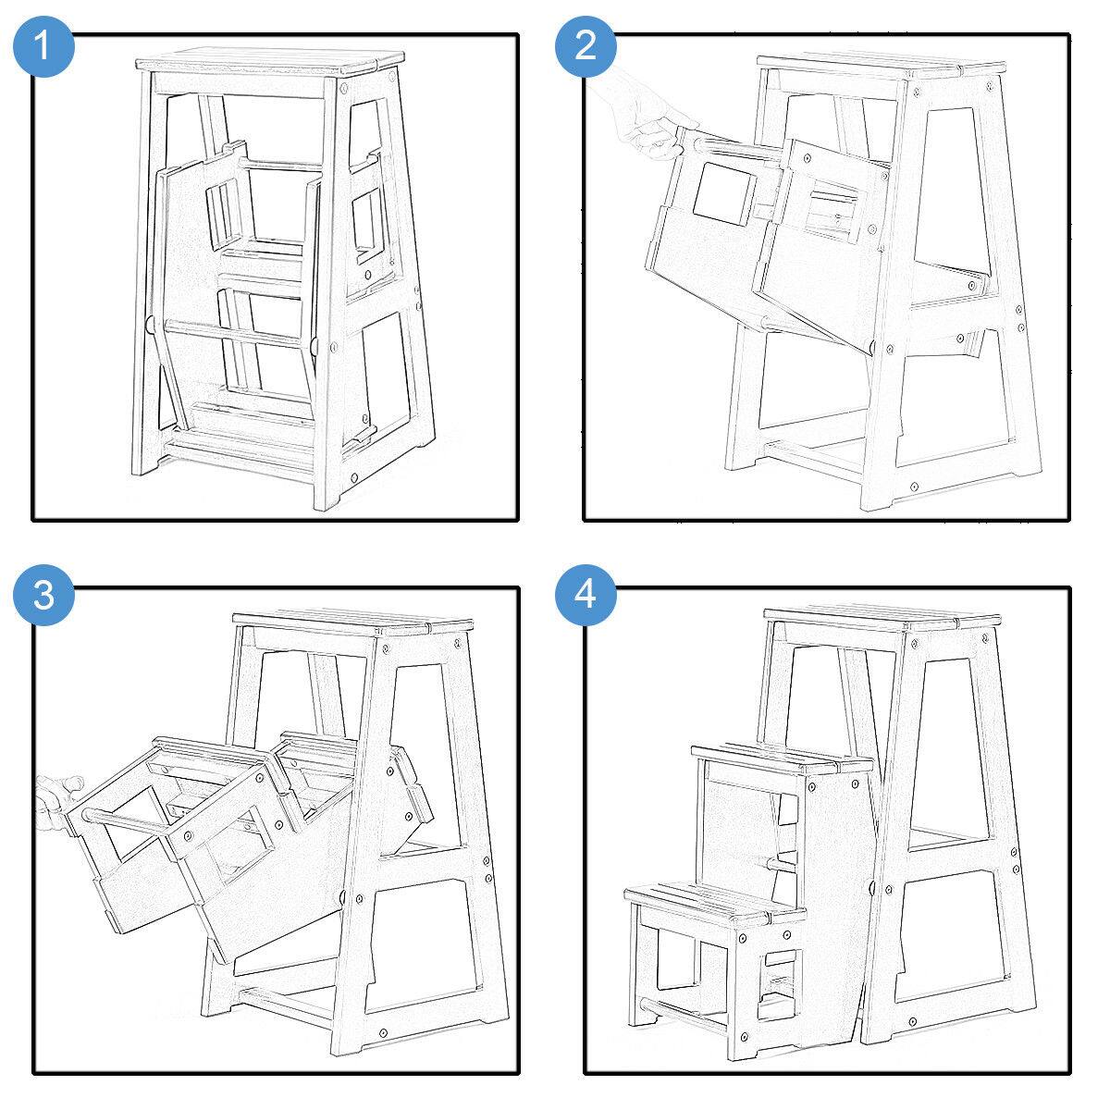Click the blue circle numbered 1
pyautogui.click(x=43, y=46)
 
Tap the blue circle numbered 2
pyautogui.click(x=586, y=46)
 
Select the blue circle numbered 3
pyautogui.click(x=43, y=595)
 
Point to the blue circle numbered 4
pyautogui.click(x=586, y=595)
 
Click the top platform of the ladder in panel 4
pyautogui.click(x=882, y=618)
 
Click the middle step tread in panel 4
pyautogui.click(x=783, y=758)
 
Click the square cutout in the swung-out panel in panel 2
pyautogui.click(x=724, y=193)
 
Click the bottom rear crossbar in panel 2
pyautogui.click(x=815, y=459)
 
